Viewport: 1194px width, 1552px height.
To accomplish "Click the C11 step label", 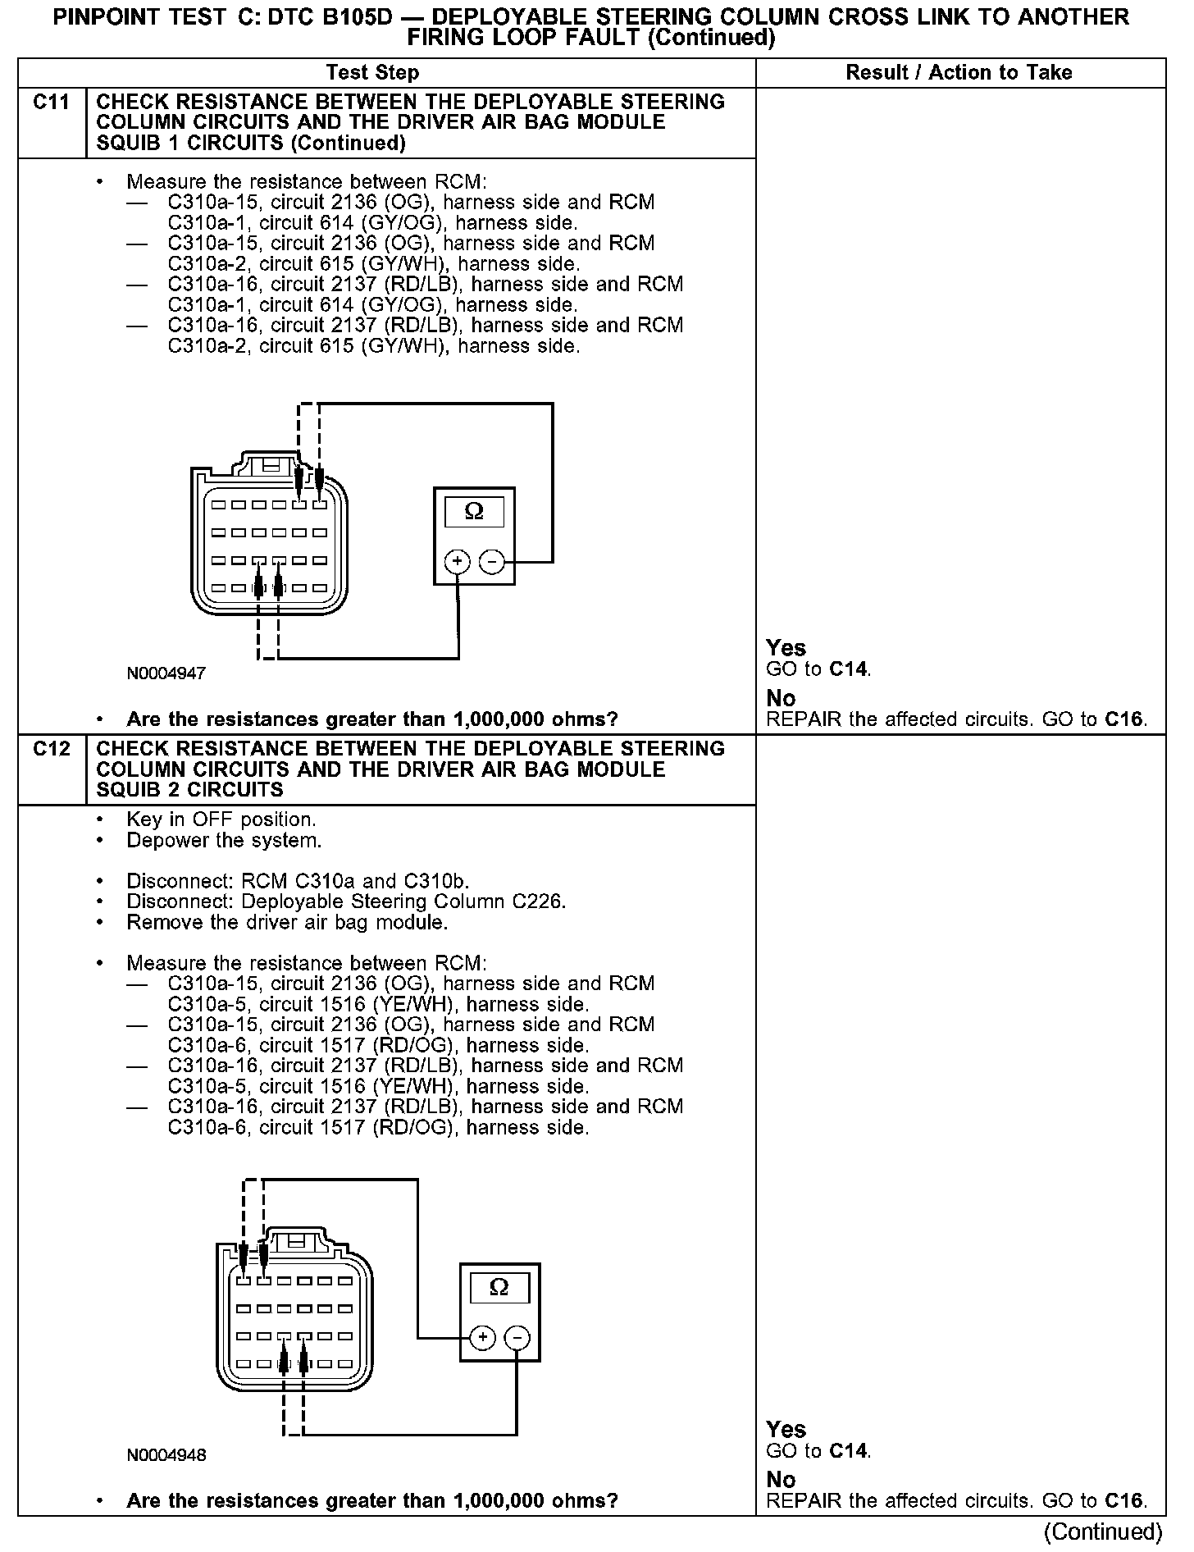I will (51, 103).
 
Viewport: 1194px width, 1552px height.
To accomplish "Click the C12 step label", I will (51, 749).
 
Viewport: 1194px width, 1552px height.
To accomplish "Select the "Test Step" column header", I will (372, 73).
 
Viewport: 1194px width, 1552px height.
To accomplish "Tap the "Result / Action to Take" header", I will (959, 73).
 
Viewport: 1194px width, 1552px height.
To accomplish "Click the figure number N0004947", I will (166, 674).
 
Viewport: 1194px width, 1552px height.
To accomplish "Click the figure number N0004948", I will (166, 1456).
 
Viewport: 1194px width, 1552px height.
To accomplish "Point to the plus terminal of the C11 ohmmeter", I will (458, 562).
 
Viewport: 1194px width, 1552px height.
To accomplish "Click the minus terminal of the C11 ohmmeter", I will (491, 562).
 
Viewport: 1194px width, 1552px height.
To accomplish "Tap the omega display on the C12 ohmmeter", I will (499, 1288).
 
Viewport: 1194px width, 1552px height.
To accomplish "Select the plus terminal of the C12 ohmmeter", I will (483, 1339).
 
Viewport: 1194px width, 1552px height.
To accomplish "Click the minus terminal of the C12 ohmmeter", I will (517, 1339).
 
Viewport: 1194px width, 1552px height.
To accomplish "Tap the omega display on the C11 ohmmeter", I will (474, 512).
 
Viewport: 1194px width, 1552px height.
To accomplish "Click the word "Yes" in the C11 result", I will (786, 648).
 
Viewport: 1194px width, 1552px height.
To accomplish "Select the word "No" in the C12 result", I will (781, 1480).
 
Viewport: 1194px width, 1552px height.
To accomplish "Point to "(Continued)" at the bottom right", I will (1103, 1531).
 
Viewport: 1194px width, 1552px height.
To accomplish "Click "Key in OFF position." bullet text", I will (221, 820).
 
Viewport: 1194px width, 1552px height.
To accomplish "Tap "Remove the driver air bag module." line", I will (287, 923).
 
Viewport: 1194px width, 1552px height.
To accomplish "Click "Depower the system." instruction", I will (224, 841).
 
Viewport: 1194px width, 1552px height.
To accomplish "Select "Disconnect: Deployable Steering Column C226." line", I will (346, 902).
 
